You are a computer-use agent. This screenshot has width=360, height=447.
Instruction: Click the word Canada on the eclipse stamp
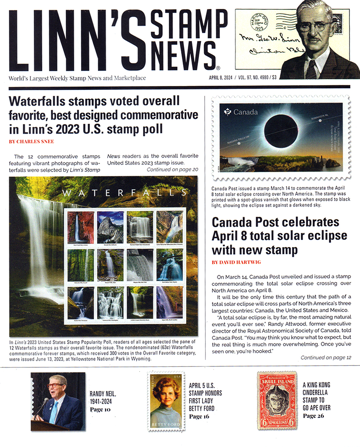(x=245, y=112)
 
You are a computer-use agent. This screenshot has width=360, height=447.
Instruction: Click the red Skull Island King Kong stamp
(x=277, y=401)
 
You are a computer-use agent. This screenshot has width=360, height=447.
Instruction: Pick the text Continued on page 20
(x=172, y=170)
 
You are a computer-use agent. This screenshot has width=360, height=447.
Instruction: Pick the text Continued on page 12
(x=326, y=358)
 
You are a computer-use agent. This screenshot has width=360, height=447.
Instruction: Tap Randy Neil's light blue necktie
(x=53, y=412)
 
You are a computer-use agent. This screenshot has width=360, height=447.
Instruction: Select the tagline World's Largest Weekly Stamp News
(x=77, y=78)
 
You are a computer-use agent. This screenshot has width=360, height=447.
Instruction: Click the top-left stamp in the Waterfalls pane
(x=80, y=227)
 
